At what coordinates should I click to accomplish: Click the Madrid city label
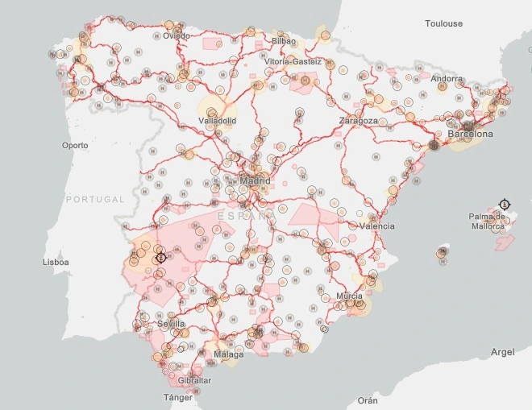[255, 181]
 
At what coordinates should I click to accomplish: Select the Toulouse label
[444, 23]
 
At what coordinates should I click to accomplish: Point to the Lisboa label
[56, 262]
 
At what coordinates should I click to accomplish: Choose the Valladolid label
[217, 121]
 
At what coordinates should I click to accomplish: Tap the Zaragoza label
[358, 120]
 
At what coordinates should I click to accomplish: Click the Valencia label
[377, 226]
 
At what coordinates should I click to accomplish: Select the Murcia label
[350, 296]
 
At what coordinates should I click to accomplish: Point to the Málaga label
[229, 354]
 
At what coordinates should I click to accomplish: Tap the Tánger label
[178, 397]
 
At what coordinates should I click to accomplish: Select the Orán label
[368, 400]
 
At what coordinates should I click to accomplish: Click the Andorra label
[447, 79]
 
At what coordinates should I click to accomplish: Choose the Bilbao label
[284, 40]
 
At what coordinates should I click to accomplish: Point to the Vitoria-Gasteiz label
[293, 61]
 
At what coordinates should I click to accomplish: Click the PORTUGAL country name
[95, 199]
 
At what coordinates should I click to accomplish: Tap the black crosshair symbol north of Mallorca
[505, 203]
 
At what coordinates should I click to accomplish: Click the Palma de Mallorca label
[489, 221]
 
